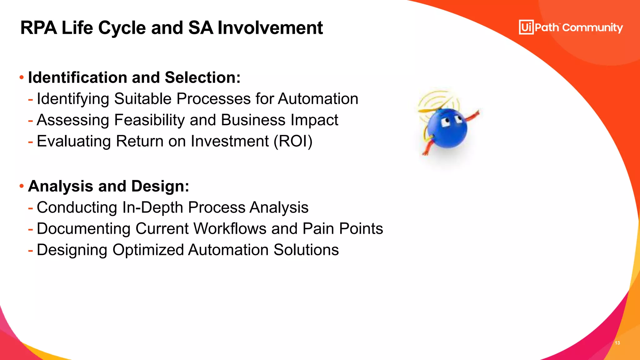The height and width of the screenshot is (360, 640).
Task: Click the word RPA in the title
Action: [38, 28]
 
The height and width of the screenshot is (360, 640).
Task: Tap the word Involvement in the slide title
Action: [270, 28]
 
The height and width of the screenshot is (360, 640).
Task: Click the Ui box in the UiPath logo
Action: [526, 27]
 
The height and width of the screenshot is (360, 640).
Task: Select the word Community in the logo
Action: [592, 28]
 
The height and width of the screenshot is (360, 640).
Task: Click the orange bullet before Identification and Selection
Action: [22, 77]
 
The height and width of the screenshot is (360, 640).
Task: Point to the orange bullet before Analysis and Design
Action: [22, 186]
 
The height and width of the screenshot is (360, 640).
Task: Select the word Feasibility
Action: [150, 120]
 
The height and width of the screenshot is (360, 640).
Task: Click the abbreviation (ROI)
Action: [293, 141]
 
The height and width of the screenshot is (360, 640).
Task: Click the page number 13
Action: [617, 343]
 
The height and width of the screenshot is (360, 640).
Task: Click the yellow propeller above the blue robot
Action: [429, 110]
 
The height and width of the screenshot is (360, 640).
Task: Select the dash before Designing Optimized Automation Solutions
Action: [30, 250]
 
